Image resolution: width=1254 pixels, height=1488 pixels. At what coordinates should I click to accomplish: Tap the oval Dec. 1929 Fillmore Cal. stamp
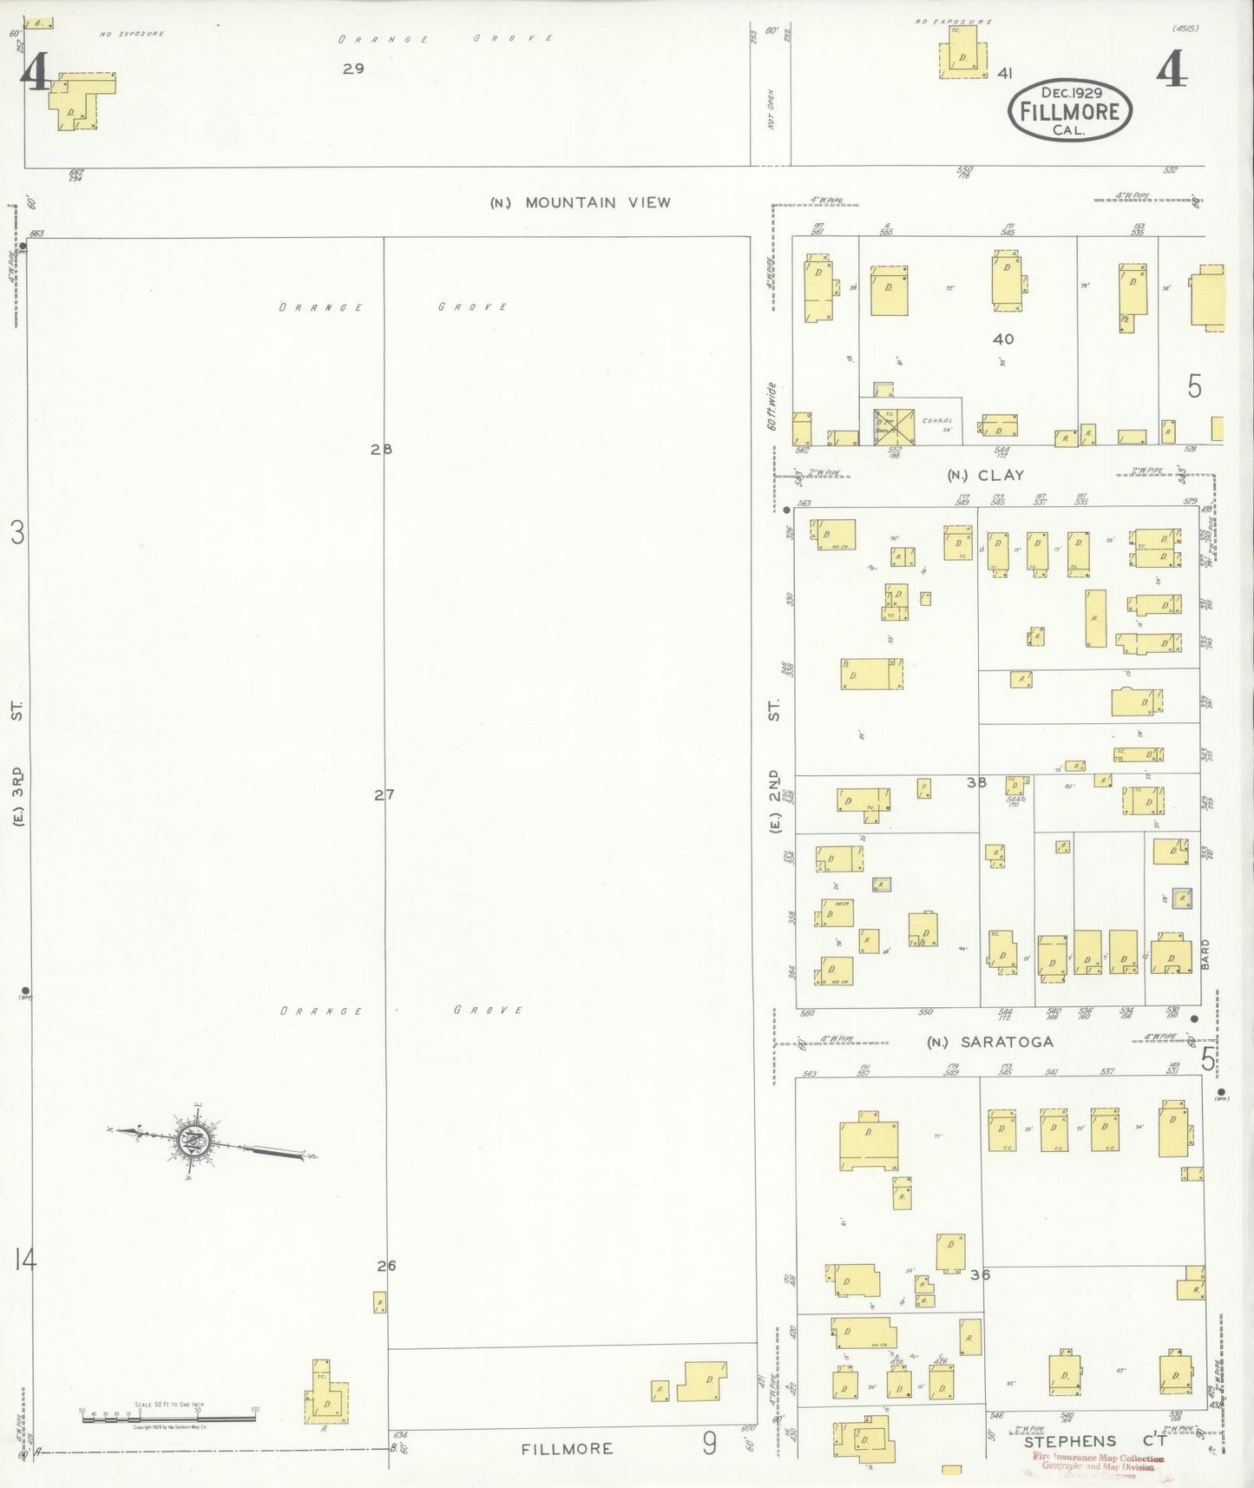point(1070,111)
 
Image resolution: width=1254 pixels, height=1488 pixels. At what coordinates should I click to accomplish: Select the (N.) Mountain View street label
point(580,202)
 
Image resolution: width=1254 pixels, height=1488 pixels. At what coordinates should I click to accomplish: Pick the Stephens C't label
point(1094,1441)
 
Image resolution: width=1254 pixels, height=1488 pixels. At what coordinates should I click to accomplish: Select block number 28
point(381,449)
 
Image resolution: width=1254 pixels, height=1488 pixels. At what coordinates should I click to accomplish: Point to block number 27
point(384,793)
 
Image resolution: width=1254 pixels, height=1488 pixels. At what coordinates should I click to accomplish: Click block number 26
point(386,1266)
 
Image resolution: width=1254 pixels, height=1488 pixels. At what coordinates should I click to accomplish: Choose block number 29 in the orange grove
point(353,69)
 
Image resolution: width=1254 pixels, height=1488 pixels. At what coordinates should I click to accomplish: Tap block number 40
point(1003,339)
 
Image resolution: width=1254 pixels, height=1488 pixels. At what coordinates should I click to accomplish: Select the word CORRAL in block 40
point(937,420)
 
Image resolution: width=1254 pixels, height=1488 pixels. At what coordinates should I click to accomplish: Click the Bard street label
point(1205,954)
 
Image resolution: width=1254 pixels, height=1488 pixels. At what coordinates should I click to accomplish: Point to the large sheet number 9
point(710,1443)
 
